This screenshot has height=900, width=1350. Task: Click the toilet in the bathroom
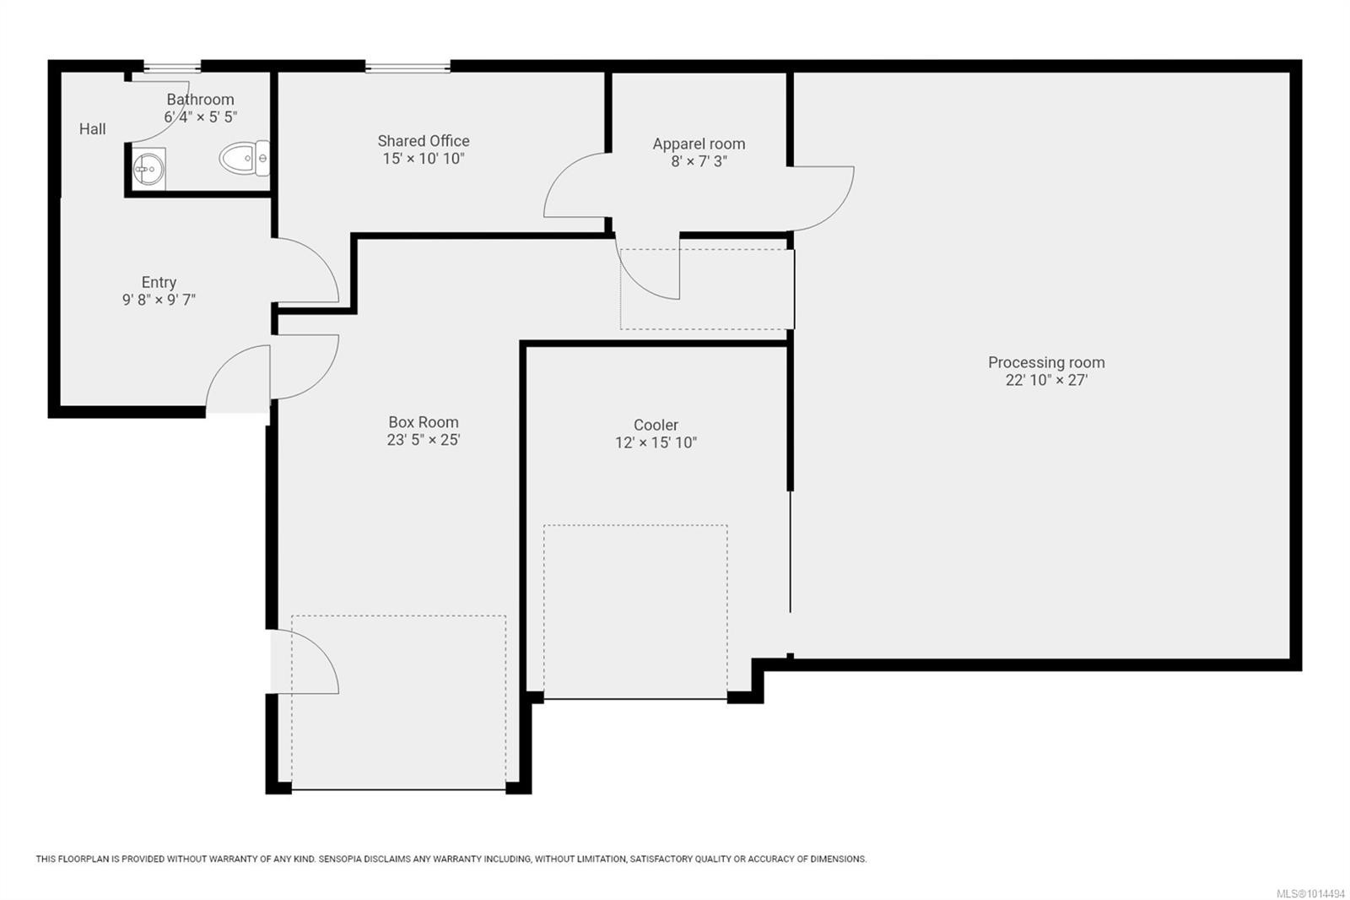(x=243, y=158)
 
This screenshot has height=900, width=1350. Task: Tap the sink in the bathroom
(x=148, y=169)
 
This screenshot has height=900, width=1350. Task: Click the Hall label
(x=93, y=129)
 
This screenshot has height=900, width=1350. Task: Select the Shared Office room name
(x=424, y=141)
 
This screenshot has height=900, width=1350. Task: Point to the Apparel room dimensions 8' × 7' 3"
(x=699, y=161)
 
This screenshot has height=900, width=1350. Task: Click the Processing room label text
(x=1046, y=362)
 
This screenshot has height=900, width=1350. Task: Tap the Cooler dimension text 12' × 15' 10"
(x=656, y=442)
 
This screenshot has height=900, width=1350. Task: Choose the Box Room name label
(x=424, y=422)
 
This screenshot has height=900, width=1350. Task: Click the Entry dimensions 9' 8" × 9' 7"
(x=159, y=300)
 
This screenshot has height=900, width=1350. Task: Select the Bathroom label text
(x=200, y=100)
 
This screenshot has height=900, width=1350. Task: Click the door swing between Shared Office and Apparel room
(x=574, y=186)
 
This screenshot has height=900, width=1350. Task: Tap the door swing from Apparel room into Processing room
(x=823, y=198)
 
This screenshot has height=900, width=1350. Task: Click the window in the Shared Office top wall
(x=408, y=67)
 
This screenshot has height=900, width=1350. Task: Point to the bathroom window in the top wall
(x=172, y=67)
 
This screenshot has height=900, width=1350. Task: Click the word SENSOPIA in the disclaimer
(x=340, y=859)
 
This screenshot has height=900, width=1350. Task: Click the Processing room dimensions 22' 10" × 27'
(x=1046, y=380)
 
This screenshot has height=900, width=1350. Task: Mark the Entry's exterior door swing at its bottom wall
(x=236, y=380)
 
